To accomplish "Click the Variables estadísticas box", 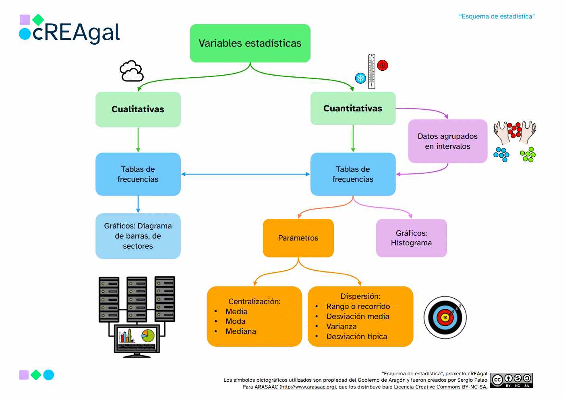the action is pyautogui.click(x=250, y=43).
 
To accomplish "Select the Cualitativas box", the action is pyautogui.click(x=138, y=109).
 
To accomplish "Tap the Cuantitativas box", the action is pyautogui.click(x=353, y=108).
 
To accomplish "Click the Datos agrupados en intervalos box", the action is pyautogui.click(x=447, y=141).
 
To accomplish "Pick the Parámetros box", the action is pyautogui.click(x=298, y=238).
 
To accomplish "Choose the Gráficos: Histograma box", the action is pyautogui.click(x=412, y=238).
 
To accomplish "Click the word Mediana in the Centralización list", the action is pyautogui.click(x=241, y=331).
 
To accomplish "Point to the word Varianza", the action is pyautogui.click(x=341, y=327).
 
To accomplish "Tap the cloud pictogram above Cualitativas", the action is pyautogui.click(x=131, y=71).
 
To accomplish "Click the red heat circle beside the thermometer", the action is pyautogui.click(x=383, y=66).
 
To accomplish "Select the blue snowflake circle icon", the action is pyautogui.click(x=360, y=78).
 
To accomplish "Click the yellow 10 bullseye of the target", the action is pyautogui.click(x=445, y=317).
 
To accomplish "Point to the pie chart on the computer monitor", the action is pyautogui.click(x=148, y=335).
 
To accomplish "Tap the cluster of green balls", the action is pyautogui.click(x=528, y=154).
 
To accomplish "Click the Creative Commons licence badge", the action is pyautogui.click(x=511, y=380).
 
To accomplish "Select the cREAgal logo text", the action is pyautogui.click(x=76, y=33).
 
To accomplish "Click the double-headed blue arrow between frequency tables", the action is pyautogui.click(x=245, y=174).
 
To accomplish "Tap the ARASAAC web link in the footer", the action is pyautogui.click(x=295, y=387).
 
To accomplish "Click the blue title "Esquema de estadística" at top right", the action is pyautogui.click(x=497, y=16).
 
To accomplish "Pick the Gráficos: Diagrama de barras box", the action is pyautogui.click(x=138, y=236).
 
